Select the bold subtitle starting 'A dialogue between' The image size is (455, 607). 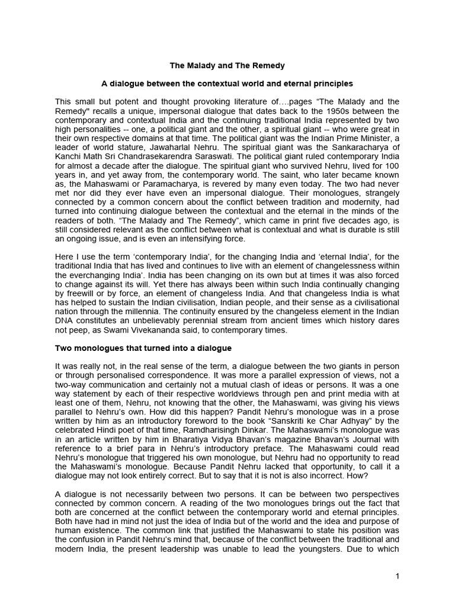[227, 84]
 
